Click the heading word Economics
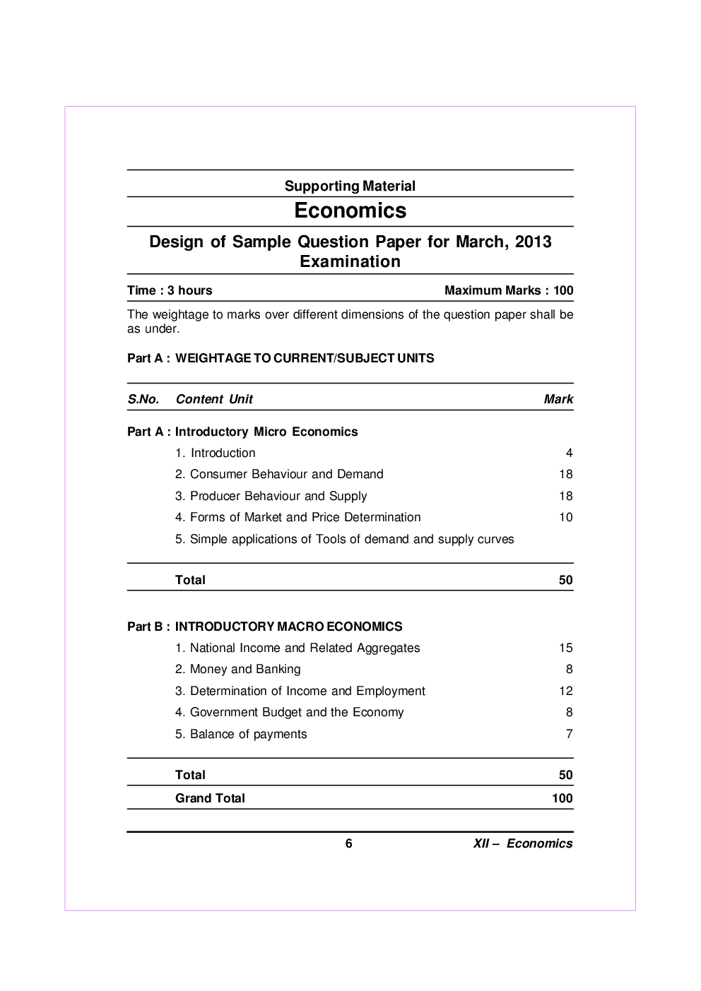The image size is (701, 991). [350, 210]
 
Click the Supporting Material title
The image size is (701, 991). [350, 186]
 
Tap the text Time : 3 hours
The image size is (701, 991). [170, 290]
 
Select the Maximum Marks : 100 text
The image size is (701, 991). [509, 290]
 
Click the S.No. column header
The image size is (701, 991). [143, 399]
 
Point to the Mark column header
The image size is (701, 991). [558, 399]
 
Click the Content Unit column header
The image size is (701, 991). [214, 399]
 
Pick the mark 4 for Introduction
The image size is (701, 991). [569, 453]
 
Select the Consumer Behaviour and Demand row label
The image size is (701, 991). [279, 474]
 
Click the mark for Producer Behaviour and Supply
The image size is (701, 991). [565, 496]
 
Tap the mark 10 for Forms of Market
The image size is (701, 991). [565, 517]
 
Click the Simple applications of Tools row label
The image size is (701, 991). [345, 539]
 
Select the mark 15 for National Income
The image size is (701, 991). [565, 648]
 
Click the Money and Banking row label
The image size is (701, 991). [238, 669]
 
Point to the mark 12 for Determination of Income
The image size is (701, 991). [565, 691]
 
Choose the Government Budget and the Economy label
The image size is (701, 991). [290, 712]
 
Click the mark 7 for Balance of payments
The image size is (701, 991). [569, 734]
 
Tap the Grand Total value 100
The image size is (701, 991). [562, 798]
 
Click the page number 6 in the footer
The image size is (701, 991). [349, 843]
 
